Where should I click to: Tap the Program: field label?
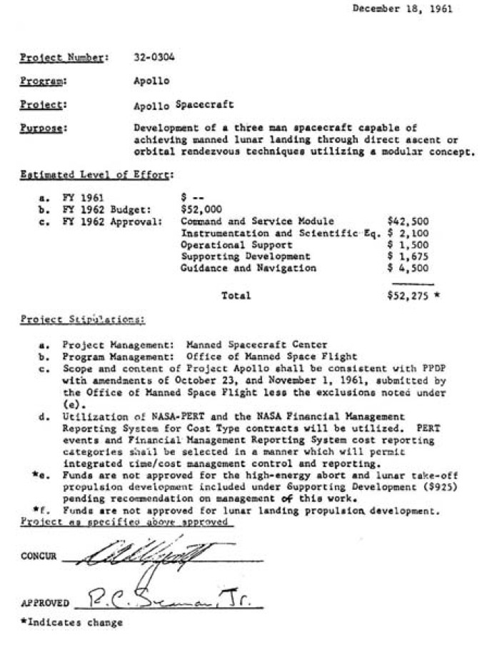(x=39, y=81)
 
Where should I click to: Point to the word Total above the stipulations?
(x=236, y=295)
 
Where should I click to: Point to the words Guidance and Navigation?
(x=248, y=268)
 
